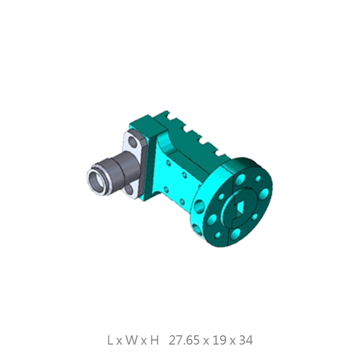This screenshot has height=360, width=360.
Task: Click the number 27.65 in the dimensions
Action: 184,340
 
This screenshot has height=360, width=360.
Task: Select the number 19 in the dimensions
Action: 220,340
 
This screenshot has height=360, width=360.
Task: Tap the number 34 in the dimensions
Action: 246,340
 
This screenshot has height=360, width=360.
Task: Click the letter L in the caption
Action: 110,340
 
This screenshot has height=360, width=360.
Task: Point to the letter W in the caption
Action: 132,340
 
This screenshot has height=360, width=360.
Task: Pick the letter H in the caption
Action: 154,340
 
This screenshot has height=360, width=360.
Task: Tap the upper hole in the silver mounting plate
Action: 133,141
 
